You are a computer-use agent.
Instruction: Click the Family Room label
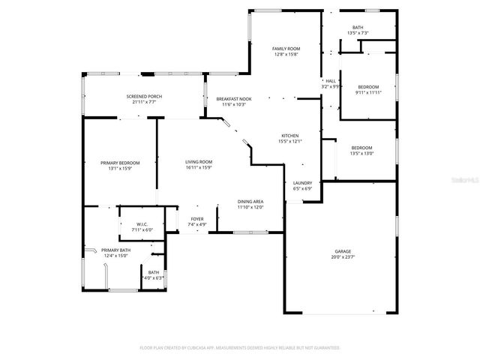coord(286,49)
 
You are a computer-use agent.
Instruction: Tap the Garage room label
coord(343,251)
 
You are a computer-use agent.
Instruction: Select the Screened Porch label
coord(143,97)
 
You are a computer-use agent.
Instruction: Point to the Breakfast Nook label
coord(234,99)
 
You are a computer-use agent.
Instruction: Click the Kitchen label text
coord(289,136)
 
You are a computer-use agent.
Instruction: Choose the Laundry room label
coord(303,183)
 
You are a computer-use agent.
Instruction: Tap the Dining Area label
coord(250,202)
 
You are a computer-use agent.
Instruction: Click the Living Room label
coord(199,162)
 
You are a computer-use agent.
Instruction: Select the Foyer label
coord(196,219)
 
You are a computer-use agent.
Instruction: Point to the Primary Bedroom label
coord(120,163)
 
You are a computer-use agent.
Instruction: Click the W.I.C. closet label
coord(142,224)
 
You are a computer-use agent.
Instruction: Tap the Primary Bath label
coord(115,250)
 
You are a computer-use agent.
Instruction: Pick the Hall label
coord(331,81)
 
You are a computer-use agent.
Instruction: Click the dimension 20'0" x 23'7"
coord(343,257)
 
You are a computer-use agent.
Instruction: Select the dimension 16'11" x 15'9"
coord(199,168)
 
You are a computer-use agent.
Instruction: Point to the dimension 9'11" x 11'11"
coord(368,93)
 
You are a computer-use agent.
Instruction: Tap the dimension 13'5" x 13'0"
coord(362,154)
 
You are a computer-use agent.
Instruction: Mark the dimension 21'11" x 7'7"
coord(143,103)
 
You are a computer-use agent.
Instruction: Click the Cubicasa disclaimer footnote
coord(240,348)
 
